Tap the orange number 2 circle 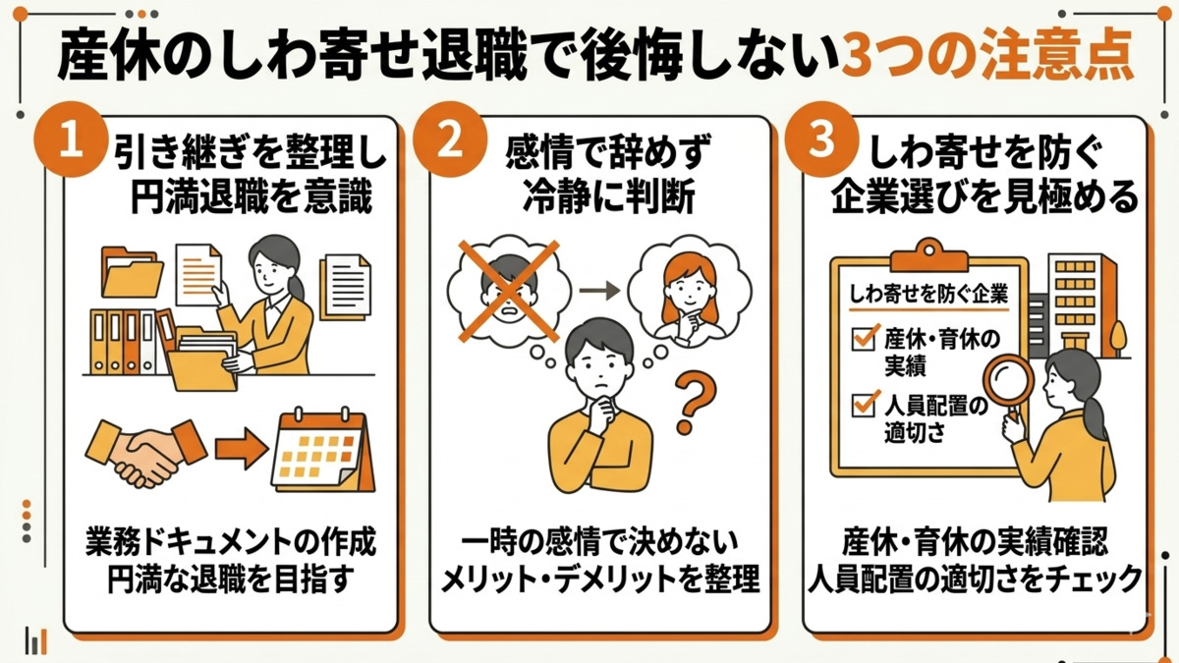pyautogui.click(x=447, y=142)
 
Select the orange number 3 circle pyautogui.click(x=821, y=142)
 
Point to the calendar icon pyautogui.click(x=322, y=451)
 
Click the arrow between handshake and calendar pyautogui.click(x=241, y=450)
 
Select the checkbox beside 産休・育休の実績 pyautogui.click(x=865, y=340)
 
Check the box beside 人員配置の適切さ pyautogui.click(x=865, y=402)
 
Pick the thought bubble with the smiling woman pyautogui.click(x=690, y=287)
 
